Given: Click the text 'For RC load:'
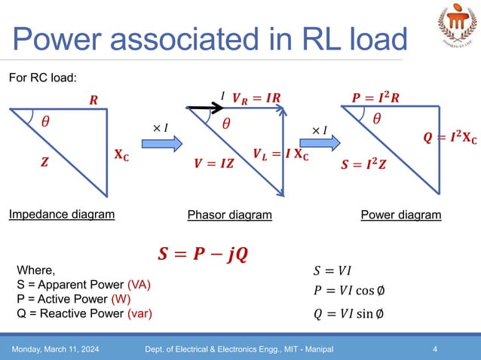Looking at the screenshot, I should click(x=43, y=77).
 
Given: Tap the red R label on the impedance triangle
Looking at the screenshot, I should click(x=93, y=99).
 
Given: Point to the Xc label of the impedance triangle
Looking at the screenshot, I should click(x=119, y=156).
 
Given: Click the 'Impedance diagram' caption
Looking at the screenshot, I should click(x=62, y=215).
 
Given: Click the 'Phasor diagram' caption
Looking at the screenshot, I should click(x=229, y=215).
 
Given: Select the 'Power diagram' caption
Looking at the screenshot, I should click(x=400, y=215).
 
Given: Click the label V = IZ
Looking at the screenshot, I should click(x=213, y=163).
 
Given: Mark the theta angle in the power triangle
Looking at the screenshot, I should click(x=376, y=118).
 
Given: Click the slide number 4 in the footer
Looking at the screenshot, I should click(x=436, y=349).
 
